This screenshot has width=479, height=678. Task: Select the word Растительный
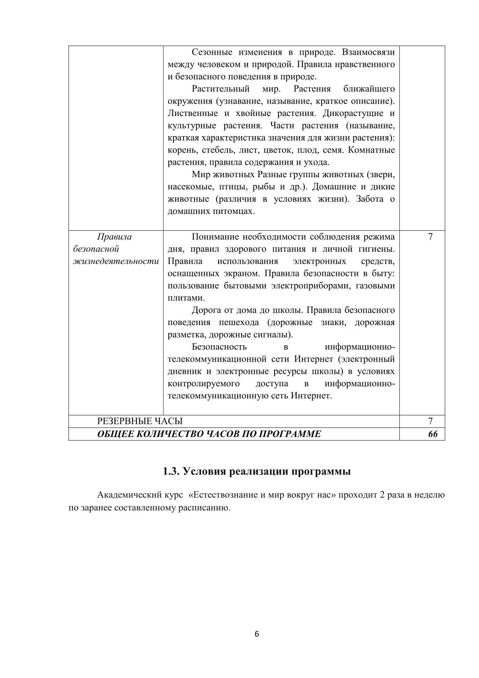coord(221,89)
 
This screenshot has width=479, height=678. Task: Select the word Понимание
coord(213,237)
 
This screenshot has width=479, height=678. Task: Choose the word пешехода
coord(237,323)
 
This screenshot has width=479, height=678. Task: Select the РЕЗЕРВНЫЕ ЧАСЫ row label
coord(140,421)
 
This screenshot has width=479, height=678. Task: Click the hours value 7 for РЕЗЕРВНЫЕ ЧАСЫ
coord(430,421)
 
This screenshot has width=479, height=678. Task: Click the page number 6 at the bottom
coord(257,634)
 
